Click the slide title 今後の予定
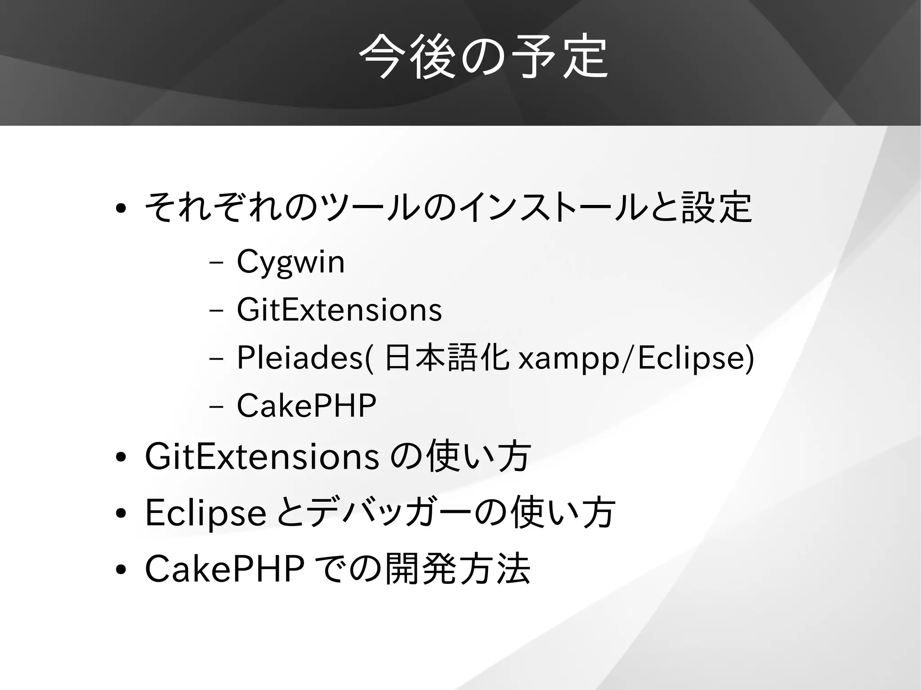tap(483, 57)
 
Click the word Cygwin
tap(291, 262)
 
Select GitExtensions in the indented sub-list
tap(339, 310)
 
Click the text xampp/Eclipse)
tap(636, 359)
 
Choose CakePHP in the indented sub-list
tap(306, 405)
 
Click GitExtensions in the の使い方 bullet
tap(262, 457)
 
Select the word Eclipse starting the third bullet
tap(206, 513)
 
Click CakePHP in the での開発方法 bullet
tap(225, 569)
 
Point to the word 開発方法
tap(458, 569)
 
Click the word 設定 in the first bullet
tap(716, 207)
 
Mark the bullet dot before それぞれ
tap(120, 209)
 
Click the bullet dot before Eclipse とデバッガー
tap(120, 514)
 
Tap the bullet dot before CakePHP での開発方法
tap(120, 570)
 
